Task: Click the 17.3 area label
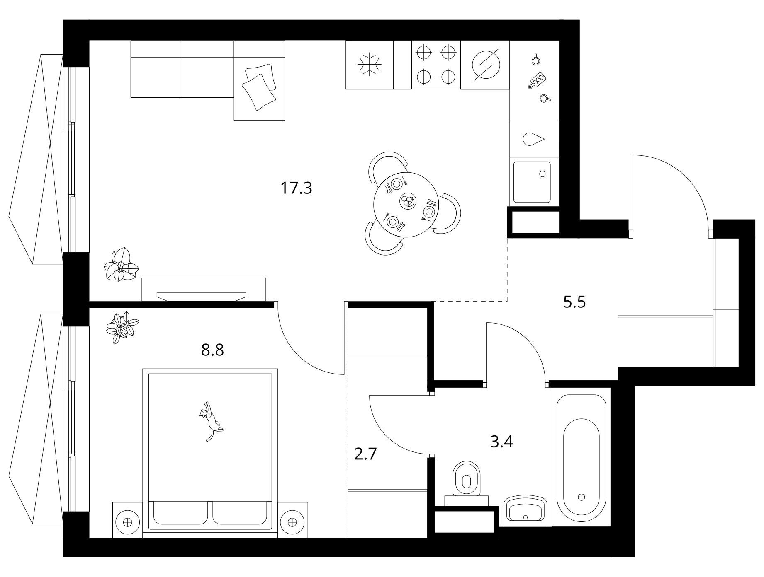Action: [x=296, y=188]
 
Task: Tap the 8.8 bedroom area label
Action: [x=212, y=350]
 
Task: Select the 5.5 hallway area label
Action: [x=574, y=302]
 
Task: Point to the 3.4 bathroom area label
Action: [x=501, y=442]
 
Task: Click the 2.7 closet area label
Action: [x=365, y=454]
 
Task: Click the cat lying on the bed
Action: [x=210, y=421]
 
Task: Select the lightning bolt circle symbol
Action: [x=486, y=65]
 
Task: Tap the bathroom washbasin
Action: [x=525, y=511]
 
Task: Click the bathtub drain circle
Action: [x=581, y=497]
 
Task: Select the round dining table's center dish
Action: [x=406, y=201]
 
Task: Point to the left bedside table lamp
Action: [x=128, y=521]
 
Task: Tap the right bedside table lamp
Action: [x=292, y=521]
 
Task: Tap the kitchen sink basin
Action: [x=532, y=182]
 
